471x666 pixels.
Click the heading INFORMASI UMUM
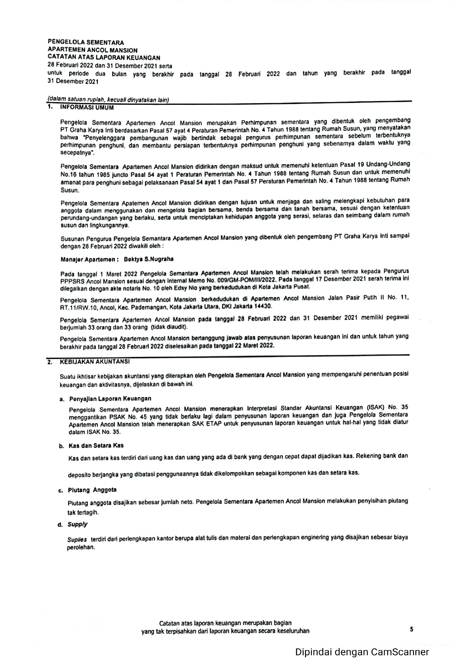[x=87, y=107]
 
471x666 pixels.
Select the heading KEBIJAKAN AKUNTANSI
[x=95, y=362]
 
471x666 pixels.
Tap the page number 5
[x=411, y=629]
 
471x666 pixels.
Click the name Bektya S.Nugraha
[x=149, y=259]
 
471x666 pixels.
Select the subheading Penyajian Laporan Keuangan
[x=110, y=398]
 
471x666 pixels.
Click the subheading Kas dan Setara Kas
[x=96, y=446]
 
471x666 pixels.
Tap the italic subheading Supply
[x=77, y=524]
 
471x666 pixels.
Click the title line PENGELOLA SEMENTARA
[x=86, y=43]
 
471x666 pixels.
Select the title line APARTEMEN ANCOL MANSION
[x=93, y=50]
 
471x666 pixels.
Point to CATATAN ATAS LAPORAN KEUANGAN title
[x=104, y=58]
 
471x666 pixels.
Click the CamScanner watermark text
[x=362, y=652]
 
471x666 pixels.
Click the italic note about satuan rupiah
[x=108, y=100]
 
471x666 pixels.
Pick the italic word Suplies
[x=77, y=539]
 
